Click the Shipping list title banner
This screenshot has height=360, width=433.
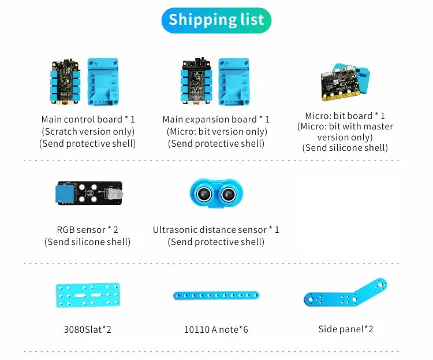click(x=216, y=20)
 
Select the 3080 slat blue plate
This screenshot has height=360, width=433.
click(x=87, y=294)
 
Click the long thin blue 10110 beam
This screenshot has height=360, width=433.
click(x=215, y=296)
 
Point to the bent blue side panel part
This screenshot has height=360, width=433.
click(x=345, y=294)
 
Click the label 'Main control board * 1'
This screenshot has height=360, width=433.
click(x=88, y=120)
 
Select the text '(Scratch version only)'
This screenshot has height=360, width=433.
click(x=88, y=132)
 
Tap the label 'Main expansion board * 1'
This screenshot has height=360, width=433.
click(x=216, y=120)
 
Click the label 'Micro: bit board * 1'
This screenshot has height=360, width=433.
click(x=345, y=116)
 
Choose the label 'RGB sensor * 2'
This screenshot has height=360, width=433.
click(x=88, y=230)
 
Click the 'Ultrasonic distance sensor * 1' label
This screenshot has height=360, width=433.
click(x=216, y=230)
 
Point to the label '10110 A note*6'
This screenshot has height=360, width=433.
click(x=215, y=330)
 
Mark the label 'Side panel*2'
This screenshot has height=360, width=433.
click(x=345, y=329)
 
